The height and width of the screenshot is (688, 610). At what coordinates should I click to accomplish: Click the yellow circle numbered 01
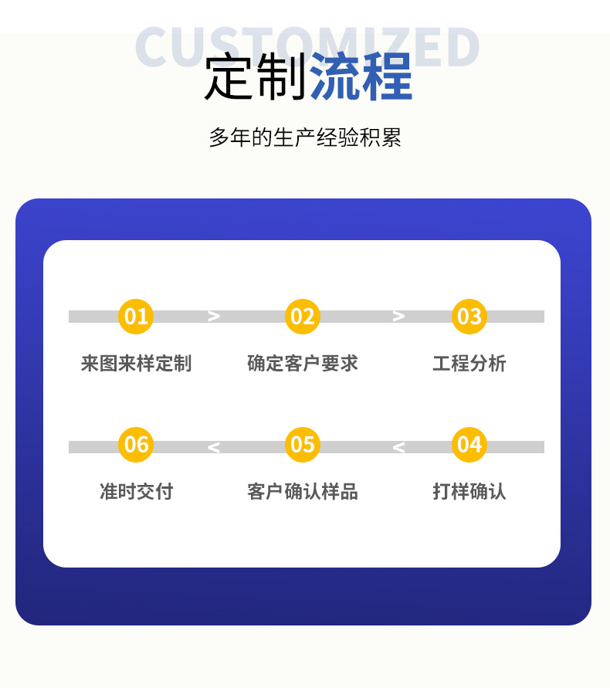pos(136,317)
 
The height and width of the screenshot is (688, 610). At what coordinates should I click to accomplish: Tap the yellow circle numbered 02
pos(303,317)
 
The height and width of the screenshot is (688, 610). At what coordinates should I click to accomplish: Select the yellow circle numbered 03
pos(469,317)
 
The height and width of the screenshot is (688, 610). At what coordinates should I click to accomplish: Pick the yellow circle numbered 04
pos(469,445)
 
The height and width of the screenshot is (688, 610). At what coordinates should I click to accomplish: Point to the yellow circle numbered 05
pos(303,445)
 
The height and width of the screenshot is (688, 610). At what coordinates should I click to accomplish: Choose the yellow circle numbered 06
pos(136,445)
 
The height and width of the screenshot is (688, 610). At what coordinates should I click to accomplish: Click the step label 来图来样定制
pos(136,363)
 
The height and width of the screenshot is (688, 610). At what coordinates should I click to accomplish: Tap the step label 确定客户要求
pos(303,363)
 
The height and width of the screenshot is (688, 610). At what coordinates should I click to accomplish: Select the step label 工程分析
pos(469,363)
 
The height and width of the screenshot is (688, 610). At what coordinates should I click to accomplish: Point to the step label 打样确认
pos(469,491)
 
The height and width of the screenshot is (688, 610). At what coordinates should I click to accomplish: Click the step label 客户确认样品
pos(303,491)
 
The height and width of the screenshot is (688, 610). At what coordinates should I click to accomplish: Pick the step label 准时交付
pos(136,491)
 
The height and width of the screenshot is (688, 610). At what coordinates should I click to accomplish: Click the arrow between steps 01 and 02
pos(214,317)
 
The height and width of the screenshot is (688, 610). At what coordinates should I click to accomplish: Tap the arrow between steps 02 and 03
pos(398,317)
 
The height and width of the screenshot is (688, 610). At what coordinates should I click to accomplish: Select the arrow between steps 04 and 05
pos(398,447)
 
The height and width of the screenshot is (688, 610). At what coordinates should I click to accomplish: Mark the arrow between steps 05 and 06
pos(214,447)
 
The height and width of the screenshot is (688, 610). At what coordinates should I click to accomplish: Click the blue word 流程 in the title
pos(361,77)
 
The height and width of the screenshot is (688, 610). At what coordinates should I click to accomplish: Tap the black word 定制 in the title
pos(256,77)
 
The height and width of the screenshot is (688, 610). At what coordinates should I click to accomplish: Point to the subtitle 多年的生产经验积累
pos(305,138)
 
